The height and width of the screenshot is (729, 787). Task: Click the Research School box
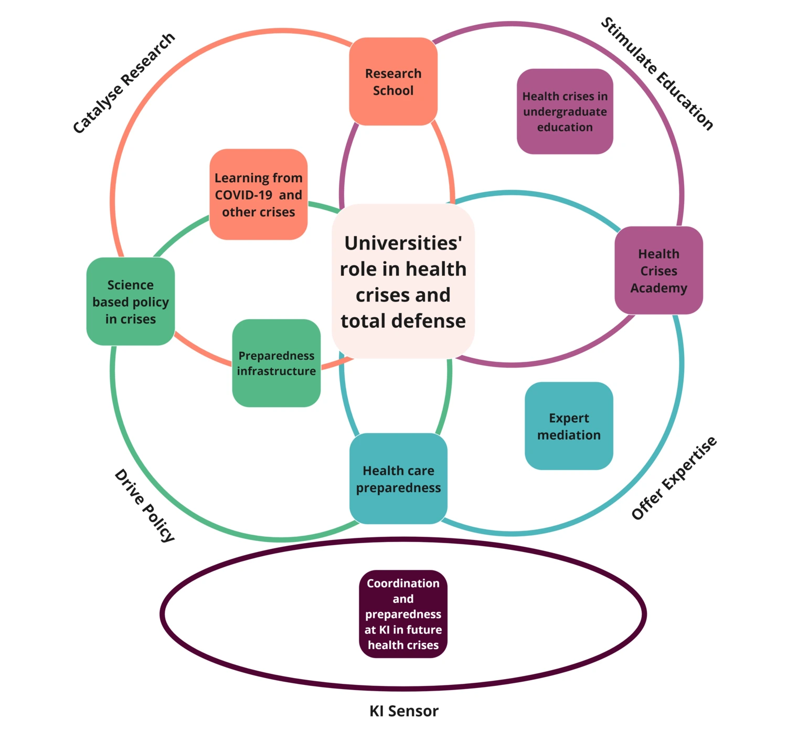[x=393, y=81]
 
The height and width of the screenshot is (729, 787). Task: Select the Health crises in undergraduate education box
[x=565, y=111]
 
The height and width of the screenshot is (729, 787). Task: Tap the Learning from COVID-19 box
[x=258, y=194]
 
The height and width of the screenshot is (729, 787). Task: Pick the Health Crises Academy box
[x=658, y=270]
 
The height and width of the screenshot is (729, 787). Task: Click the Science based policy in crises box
[x=131, y=301]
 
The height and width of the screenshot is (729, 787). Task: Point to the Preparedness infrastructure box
[x=276, y=363]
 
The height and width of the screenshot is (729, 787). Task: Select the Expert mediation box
[x=569, y=426]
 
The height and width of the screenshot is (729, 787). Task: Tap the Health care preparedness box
[x=398, y=478]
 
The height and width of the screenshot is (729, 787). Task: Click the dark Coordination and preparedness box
[x=403, y=613]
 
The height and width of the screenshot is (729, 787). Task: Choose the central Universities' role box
[x=403, y=282]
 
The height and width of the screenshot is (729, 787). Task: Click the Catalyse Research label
[x=124, y=83]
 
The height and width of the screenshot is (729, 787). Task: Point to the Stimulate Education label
[x=657, y=74]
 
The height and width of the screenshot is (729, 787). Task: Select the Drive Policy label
[x=144, y=505]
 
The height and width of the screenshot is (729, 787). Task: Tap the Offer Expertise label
[x=674, y=478]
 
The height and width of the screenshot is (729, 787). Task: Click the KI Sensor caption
[x=403, y=711]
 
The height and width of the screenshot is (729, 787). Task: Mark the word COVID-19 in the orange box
[x=243, y=195]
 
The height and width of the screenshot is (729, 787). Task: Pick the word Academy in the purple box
[x=658, y=288]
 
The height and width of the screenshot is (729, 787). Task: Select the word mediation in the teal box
[x=569, y=435]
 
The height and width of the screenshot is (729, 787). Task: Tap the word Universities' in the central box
[x=403, y=243]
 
